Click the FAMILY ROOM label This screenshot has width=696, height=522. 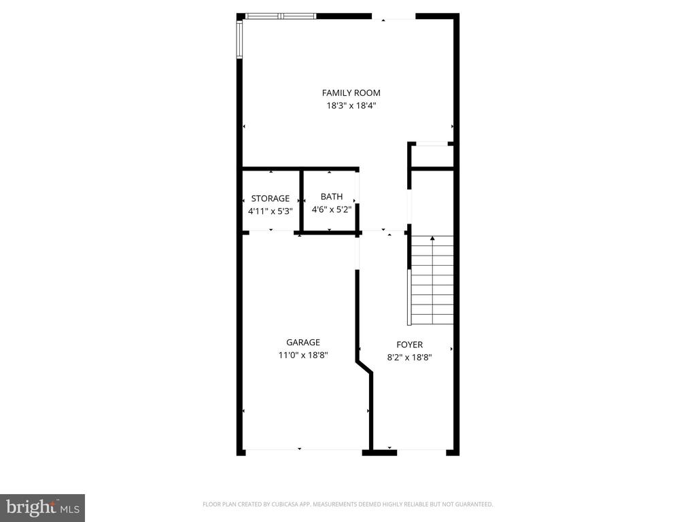pos(351,93)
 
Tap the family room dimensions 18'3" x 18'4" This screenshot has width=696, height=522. pos(351,106)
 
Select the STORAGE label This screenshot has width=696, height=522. pos(270,198)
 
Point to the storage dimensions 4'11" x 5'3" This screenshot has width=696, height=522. pos(270,211)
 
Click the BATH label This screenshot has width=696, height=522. pos(332,197)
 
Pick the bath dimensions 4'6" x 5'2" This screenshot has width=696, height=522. pos(332,210)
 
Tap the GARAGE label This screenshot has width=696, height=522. pos(302,343)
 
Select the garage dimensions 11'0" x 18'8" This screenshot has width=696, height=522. pos(302,355)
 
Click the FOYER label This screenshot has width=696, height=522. pos(409,345)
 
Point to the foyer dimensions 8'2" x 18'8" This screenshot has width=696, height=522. pos(409,357)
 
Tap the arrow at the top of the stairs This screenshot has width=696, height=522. pos(432,239)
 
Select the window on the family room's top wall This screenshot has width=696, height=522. pos(280,16)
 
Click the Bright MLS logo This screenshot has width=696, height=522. pos(42,507)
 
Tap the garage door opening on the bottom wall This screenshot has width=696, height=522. pos(303,450)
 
